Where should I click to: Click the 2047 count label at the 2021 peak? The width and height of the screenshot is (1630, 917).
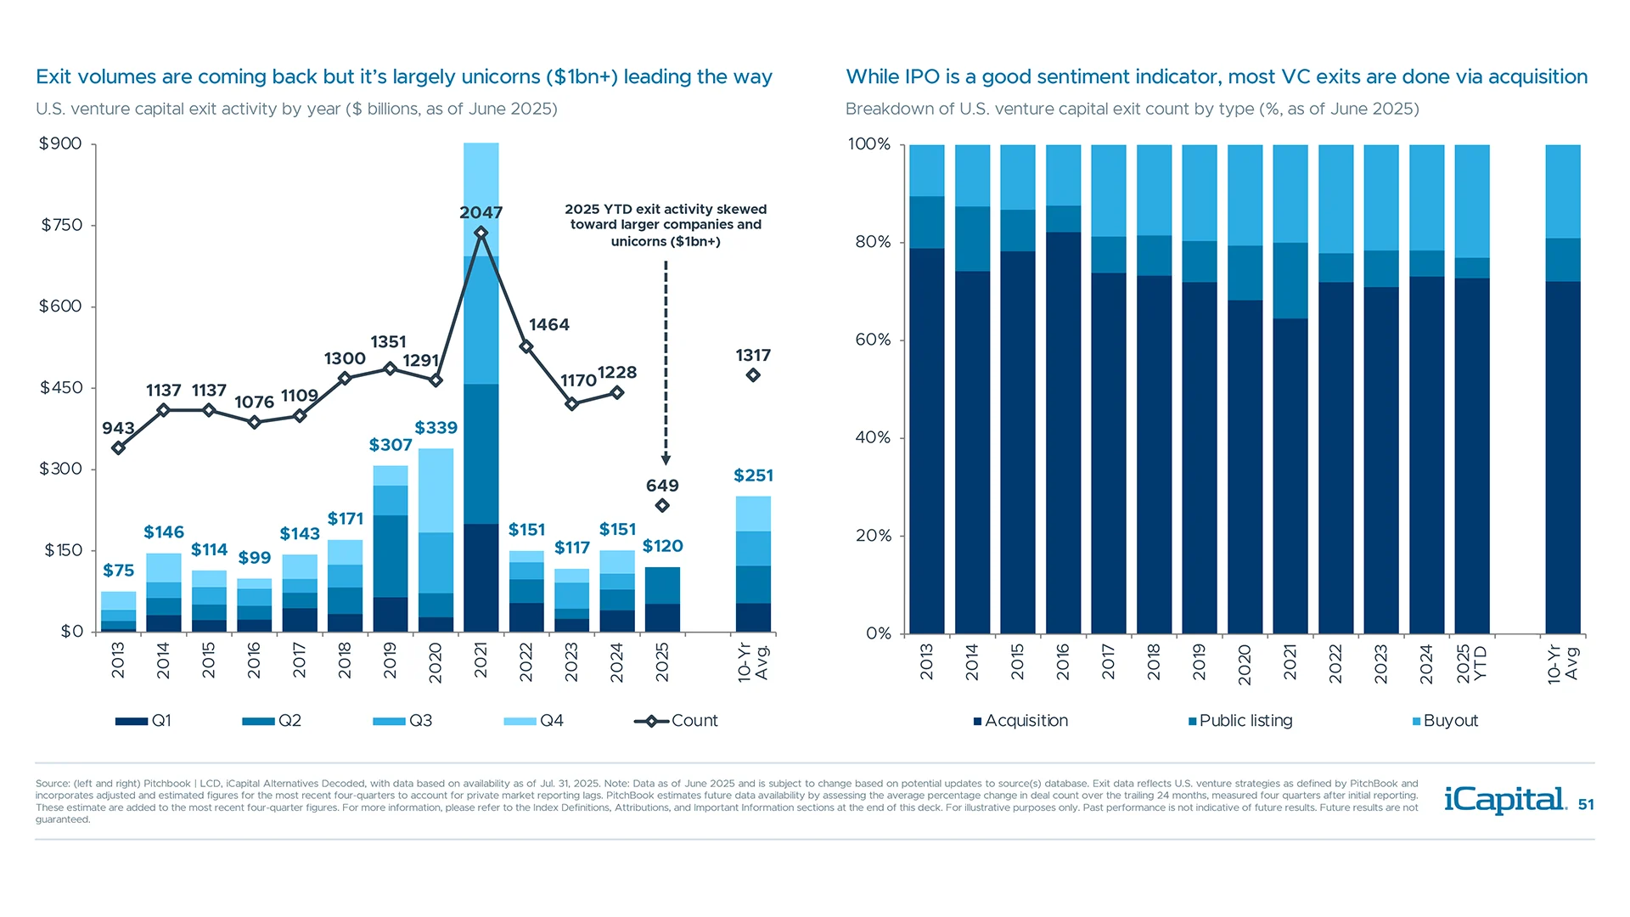[x=481, y=212]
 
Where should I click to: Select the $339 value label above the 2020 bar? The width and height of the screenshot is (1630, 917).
[x=436, y=428]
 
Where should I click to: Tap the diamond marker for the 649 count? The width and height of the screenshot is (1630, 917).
[x=662, y=505]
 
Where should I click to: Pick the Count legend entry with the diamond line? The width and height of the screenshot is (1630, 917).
[x=676, y=721]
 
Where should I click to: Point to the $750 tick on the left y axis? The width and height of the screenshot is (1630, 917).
[x=62, y=225]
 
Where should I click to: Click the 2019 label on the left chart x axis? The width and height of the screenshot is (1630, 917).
[x=390, y=661]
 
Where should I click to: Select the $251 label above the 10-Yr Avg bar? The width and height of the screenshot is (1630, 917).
[x=753, y=475]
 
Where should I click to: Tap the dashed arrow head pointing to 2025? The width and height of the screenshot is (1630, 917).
[x=666, y=459]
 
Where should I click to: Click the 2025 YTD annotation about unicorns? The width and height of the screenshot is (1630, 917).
[x=666, y=225]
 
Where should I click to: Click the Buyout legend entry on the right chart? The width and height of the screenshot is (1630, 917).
[x=1445, y=721]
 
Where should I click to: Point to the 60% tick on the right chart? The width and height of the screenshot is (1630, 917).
[x=873, y=340]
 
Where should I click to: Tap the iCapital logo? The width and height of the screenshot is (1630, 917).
[x=1504, y=800]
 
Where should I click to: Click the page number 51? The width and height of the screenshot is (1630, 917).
[x=1585, y=804]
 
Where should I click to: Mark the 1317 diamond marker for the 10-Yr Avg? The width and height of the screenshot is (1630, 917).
[x=753, y=375]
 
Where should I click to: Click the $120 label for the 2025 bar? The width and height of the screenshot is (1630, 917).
[x=662, y=546]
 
